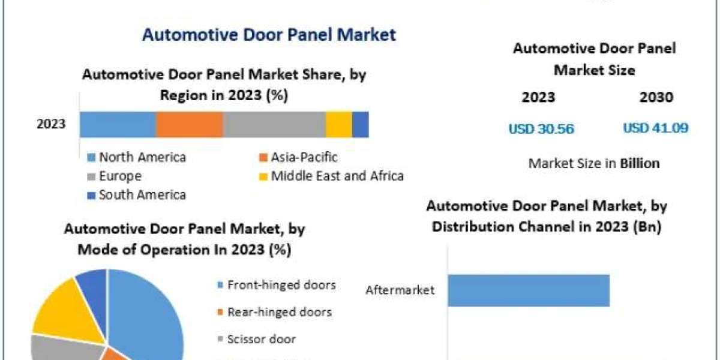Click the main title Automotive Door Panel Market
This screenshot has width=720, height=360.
tap(269, 34)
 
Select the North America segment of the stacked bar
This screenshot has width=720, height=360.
tap(118, 125)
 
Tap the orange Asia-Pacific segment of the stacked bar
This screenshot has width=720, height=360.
tap(190, 125)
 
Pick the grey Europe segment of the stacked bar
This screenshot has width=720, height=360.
tap(274, 125)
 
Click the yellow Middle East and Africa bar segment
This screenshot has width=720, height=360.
tap(339, 125)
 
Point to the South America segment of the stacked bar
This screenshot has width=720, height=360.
tap(360, 125)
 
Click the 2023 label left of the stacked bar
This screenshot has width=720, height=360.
tap(51, 125)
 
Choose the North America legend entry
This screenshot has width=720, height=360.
tap(142, 158)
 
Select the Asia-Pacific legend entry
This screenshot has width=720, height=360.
tap(304, 158)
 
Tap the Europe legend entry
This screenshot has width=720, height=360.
tap(120, 176)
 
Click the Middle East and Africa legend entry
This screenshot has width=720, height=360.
tap(337, 176)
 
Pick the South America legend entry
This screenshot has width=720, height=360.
tap(142, 195)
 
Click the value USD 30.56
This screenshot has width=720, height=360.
tap(541, 128)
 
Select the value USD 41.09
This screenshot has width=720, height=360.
tap(655, 128)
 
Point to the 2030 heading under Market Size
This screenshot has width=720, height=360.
tap(656, 97)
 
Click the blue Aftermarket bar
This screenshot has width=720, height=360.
tap(528, 290)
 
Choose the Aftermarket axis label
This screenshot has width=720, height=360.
tap(400, 291)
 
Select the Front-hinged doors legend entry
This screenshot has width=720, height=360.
tap(281, 285)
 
